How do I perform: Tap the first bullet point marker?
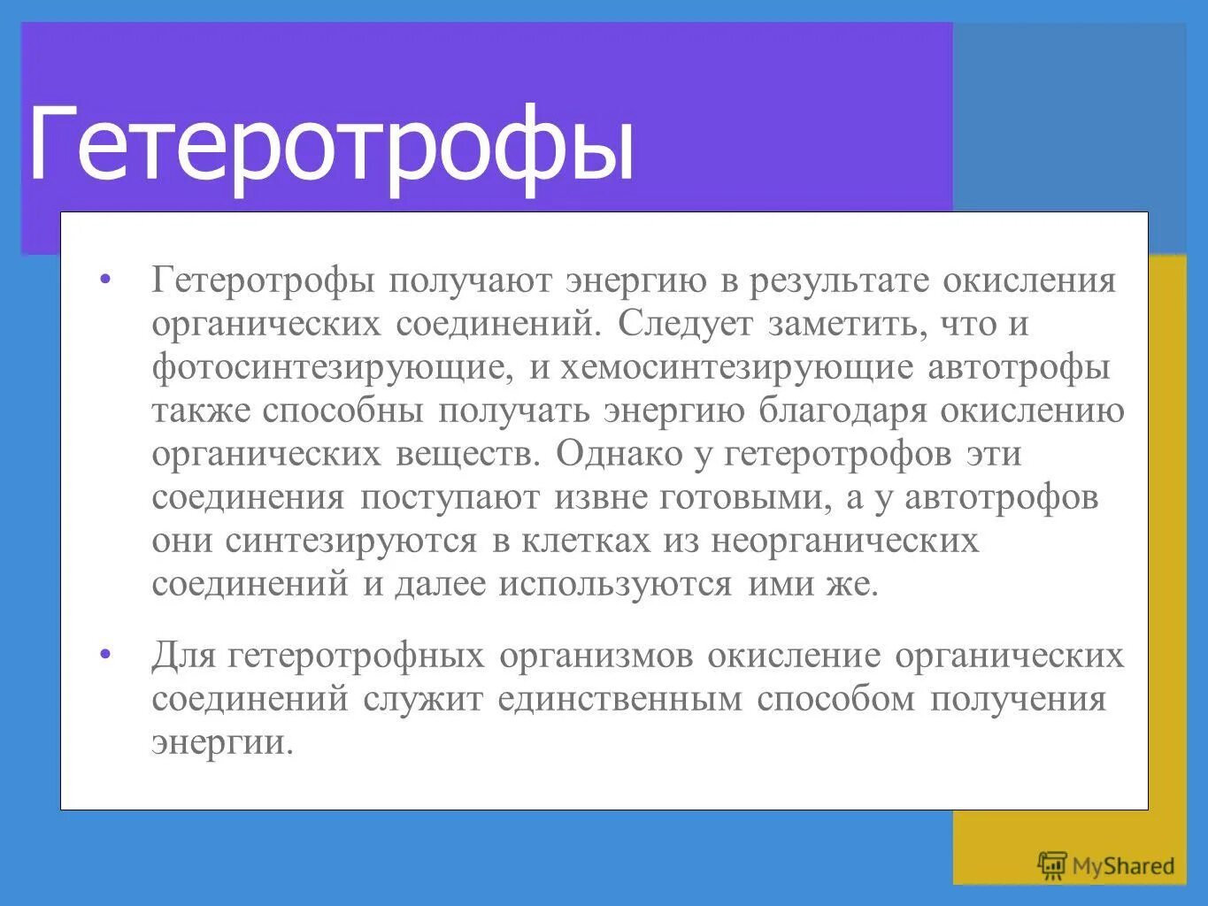click(x=106, y=280)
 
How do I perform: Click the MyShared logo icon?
click(x=1052, y=865)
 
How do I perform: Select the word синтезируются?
click(x=350, y=541)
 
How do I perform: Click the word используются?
click(x=614, y=584)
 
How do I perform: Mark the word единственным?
click(x=619, y=699)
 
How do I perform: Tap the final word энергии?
click(x=220, y=742)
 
